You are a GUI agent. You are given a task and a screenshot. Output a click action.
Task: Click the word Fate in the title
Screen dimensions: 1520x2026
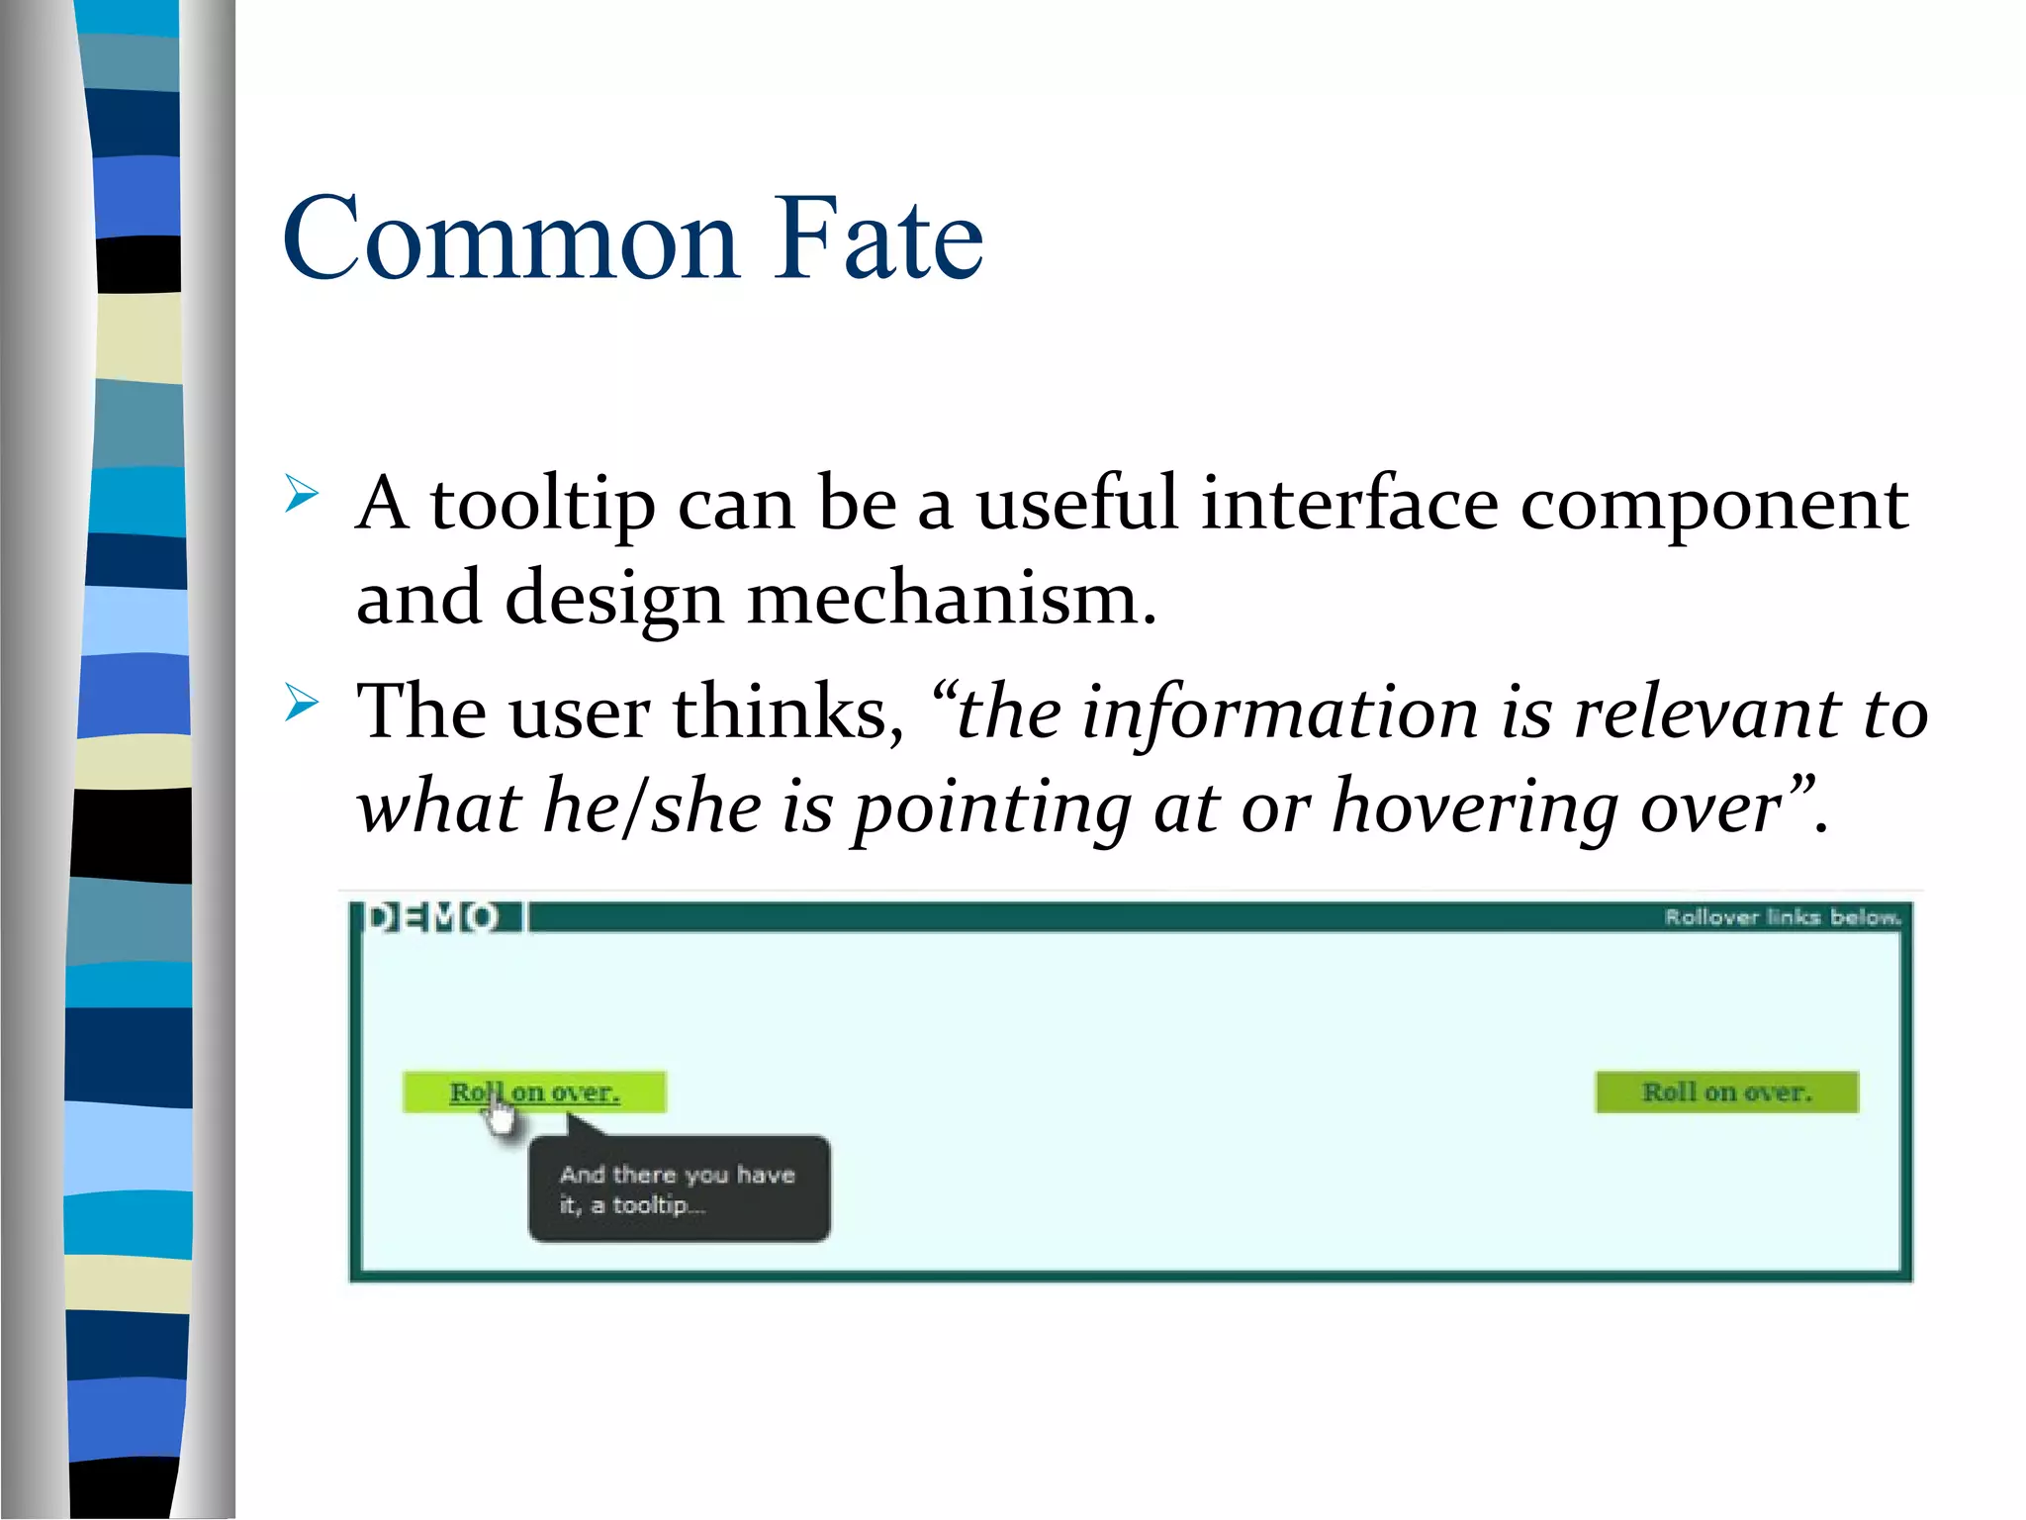877,238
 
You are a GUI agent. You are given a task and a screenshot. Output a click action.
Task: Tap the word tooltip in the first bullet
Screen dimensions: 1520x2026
542,505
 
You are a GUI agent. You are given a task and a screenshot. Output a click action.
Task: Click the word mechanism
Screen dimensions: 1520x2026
951,598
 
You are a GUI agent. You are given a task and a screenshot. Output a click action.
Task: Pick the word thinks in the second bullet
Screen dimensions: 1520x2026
787,712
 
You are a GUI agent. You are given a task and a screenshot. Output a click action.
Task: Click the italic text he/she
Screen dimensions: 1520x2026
652,806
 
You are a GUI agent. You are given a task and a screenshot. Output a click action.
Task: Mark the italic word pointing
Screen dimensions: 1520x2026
992,807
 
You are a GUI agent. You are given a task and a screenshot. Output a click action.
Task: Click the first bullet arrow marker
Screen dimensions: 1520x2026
301,494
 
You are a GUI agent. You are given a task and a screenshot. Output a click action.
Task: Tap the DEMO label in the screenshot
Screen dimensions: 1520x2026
432,917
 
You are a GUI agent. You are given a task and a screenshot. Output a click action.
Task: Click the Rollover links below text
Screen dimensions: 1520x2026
1782,917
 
